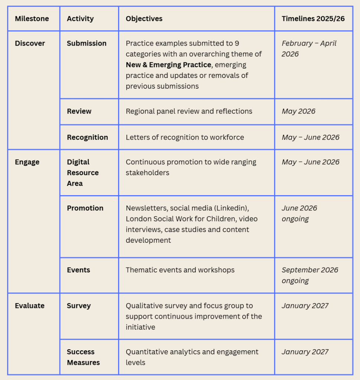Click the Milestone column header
pyautogui.click(x=32, y=19)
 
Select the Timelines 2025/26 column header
pyautogui.click(x=313, y=19)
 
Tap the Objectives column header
pyautogui.click(x=144, y=19)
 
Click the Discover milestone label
pyautogui.click(x=30, y=43)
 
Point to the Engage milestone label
pyautogui.click(x=27, y=162)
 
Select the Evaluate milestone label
pyautogui.click(x=30, y=306)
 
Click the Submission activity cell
pyautogui.click(x=87, y=43)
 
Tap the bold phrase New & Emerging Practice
pyautogui.click(x=168, y=65)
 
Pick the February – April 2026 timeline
pyautogui.click(x=309, y=49)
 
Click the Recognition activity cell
pyautogui.click(x=87, y=137)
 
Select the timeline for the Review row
pyautogui.click(x=298, y=111)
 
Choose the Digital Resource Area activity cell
pyautogui.click(x=83, y=173)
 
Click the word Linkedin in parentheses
pyautogui.click(x=228, y=208)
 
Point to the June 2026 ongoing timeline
pyautogui.click(x=299, y=213)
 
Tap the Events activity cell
pyautogui.click(x=78, y=270)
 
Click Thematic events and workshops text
pyautogui.click(x=180, y=270)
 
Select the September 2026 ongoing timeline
pyautogui.click(x=310, y=275)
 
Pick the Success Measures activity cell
pyautogui.click(x=83, y=357)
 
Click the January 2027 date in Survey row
pyautogui.click(x=305, y=306)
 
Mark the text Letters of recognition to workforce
pyautogui.click(x=185, y=137)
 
